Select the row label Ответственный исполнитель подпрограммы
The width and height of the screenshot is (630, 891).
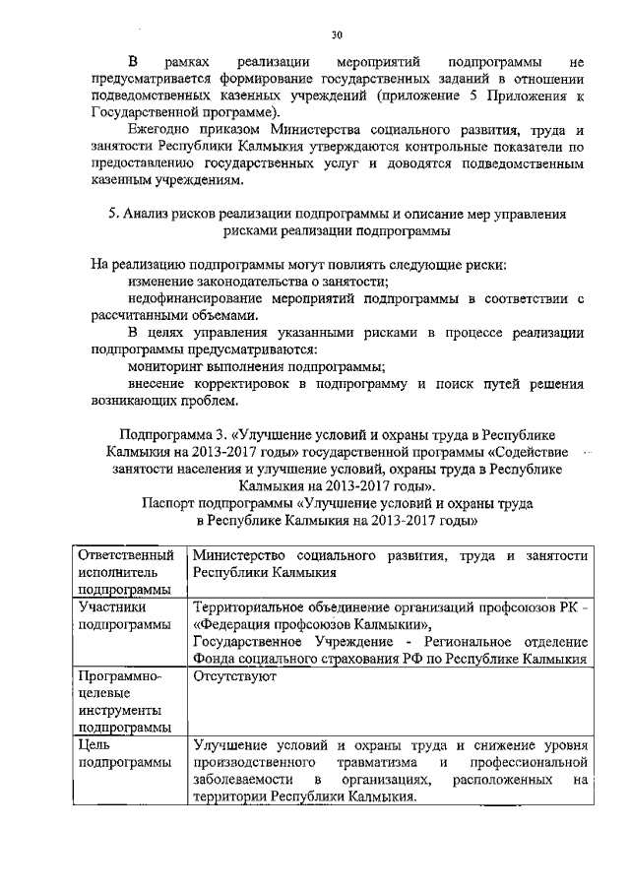pyautogui.click(x=126, y=573)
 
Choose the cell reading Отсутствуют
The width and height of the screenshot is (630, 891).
pyautogui.click(x=234, y=677)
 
